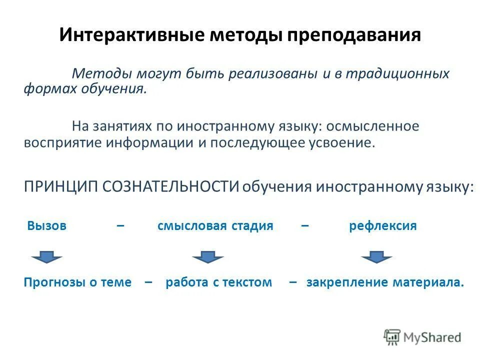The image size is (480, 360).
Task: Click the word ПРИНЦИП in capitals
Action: coord(61,186)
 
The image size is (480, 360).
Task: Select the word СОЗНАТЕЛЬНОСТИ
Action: coord(170,186)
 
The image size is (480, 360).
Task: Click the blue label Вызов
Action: coord(47,225)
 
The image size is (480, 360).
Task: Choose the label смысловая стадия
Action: coord(215,225)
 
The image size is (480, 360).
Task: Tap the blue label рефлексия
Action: coord(382,225)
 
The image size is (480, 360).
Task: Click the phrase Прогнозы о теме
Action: coord(77,282)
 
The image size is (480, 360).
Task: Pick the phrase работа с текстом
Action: coord(218,282)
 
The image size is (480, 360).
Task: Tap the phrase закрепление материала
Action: coord(385,282)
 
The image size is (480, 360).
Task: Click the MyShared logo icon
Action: coord(392,336)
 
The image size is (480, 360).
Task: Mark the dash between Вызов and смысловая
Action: coord(120,226)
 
